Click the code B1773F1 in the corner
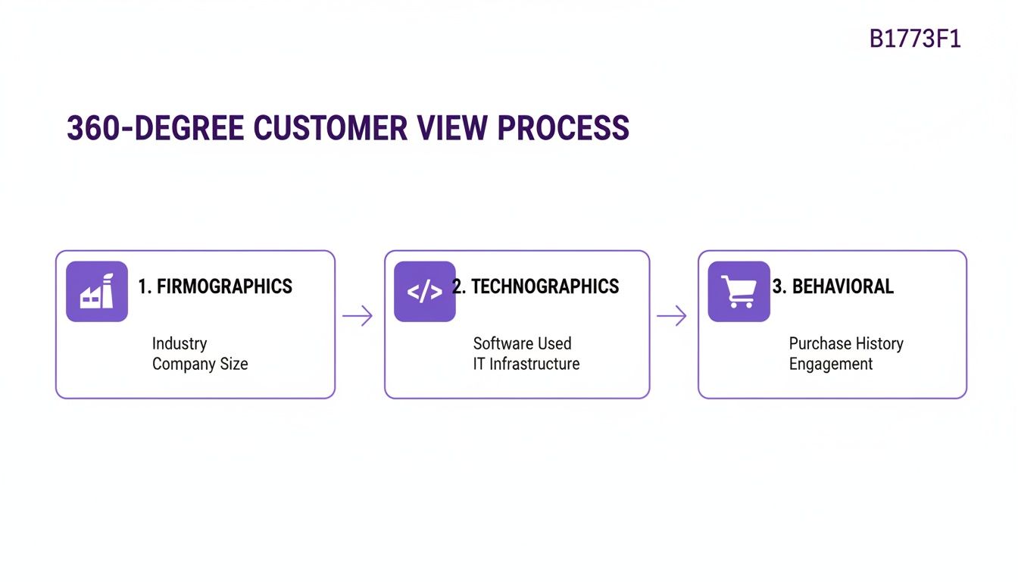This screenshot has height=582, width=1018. [x=915, y=39]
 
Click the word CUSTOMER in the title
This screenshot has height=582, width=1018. [x=330, y=128]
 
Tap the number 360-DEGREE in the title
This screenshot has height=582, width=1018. [x=155, y=128]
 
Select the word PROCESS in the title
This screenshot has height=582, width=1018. [x=564, y=128]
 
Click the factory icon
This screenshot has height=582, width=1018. [x=97, y=292]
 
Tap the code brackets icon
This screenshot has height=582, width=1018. [x=424, y=292]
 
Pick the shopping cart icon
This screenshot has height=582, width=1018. [x=739, y=292]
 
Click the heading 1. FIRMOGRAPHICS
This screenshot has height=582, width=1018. [x=215, y=286]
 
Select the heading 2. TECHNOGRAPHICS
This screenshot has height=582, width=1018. [x=536, y=286]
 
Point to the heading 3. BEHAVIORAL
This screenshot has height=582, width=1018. [x=833, y=286]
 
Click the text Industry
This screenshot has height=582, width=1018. [x=180, y=343]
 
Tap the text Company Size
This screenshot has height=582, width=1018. [x=200, y=364]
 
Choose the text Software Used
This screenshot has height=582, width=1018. [x=522, y=343]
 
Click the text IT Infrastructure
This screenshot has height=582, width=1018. [x=526, y=364]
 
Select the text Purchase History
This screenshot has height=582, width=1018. [x=846, y=343]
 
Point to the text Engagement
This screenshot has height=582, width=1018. [x=831, y=364]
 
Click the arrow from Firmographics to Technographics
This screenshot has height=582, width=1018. [x=358, y=315]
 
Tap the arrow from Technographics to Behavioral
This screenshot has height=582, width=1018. [x=671, y=315]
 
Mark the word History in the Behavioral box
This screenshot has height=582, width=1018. [x=879, y=343]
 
